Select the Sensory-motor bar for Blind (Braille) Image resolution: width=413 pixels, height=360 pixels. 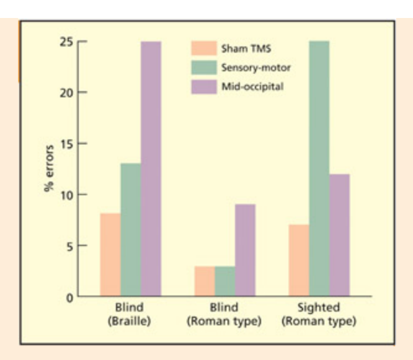pos(130,230)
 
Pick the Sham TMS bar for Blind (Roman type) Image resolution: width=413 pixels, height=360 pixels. pos(205,281)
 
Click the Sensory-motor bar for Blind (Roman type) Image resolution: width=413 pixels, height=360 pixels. pos(225,281)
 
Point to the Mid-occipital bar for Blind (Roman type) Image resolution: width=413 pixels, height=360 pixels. pos(246,250)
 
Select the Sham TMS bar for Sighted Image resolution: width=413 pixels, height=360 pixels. pos(299,261)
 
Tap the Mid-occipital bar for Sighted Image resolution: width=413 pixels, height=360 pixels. pos(340,235)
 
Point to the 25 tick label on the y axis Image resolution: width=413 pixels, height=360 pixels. pos(66,42)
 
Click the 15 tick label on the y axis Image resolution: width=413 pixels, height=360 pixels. pos(66,144)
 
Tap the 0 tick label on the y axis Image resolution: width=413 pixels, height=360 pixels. pos(69,297)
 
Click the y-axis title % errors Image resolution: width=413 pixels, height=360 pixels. pos(49,168)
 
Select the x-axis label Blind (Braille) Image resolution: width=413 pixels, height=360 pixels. pos(129,315)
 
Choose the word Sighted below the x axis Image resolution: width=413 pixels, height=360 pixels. pos(318,308)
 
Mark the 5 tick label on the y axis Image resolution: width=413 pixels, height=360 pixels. pos(69,246)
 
